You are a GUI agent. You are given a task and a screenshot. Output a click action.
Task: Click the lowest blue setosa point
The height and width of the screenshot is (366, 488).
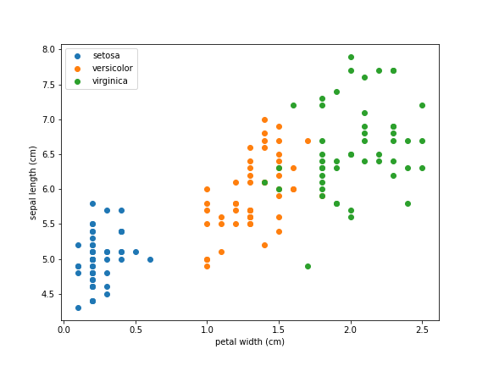click(78, 308)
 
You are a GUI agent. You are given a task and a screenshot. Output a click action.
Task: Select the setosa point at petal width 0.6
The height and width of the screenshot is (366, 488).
click(150, 259)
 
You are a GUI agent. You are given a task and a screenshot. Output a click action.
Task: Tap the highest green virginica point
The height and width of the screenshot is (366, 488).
click(351, 57)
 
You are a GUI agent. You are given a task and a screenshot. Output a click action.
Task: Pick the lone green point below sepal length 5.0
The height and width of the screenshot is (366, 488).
click(308, 266)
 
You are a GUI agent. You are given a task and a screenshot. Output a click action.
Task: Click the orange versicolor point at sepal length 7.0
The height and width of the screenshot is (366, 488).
click(264, 119)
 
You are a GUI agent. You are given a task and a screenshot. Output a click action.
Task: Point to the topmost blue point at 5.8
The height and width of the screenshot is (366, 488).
click(92, 203)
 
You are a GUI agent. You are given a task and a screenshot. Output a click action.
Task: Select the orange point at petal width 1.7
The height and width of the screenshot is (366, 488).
click(308, 141)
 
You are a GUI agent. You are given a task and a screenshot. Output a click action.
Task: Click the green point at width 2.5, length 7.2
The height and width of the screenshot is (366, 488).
click(422, 106)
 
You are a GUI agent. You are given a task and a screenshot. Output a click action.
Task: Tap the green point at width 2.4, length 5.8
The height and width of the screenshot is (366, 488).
click(408, 203)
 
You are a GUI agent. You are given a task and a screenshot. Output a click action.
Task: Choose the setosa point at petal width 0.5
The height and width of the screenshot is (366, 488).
click(136, 252)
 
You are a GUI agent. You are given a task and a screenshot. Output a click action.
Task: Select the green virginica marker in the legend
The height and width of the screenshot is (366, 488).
click(78, 81)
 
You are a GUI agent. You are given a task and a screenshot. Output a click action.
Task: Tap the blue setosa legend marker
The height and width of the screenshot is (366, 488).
click(78, 56)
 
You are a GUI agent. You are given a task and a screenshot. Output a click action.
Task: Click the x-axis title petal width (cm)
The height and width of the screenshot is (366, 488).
click(250, 342)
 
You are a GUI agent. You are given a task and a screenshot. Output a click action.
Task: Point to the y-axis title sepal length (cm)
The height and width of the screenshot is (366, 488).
click(34, 182)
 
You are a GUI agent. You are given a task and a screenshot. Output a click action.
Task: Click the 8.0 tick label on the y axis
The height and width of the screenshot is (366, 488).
click(48, 50)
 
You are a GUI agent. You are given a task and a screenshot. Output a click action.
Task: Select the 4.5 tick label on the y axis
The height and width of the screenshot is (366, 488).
click(48, 294)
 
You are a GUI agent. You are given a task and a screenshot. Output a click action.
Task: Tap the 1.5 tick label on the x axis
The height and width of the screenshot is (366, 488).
click(279, 329)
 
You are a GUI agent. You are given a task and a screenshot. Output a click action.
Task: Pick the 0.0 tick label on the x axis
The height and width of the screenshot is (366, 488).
click(64, 329)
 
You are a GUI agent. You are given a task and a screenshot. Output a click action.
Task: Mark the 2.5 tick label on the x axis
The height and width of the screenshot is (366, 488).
click(422, 329)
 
